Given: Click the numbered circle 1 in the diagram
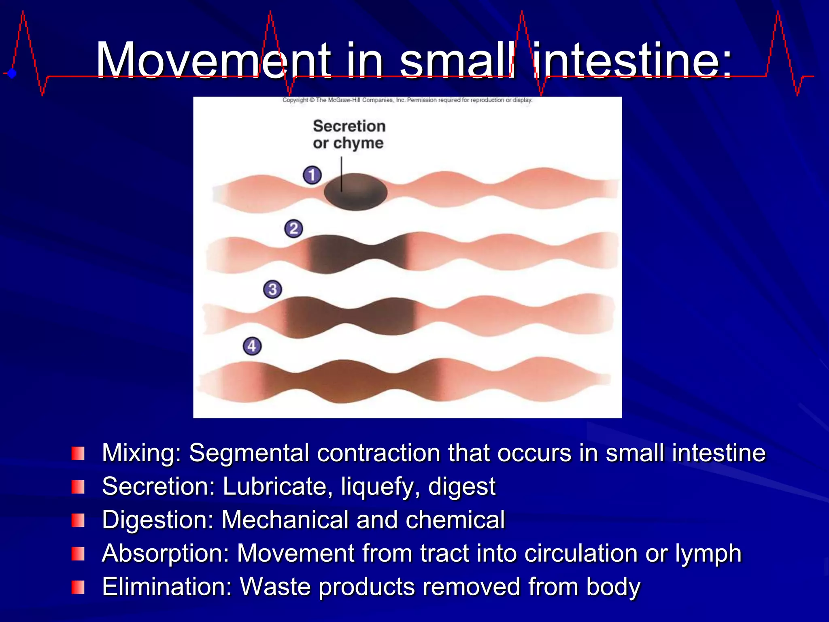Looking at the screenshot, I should pos(312,175).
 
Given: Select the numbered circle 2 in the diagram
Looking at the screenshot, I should pos(293,229).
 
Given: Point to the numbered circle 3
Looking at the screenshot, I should pos(272,290).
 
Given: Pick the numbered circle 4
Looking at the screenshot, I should pos(252,346).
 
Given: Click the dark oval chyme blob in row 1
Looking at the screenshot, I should pos(355,192).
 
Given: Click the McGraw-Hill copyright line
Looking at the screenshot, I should pos(407,100).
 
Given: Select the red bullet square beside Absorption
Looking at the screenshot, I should pos(78,554).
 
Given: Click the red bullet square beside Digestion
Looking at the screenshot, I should pos(78,520).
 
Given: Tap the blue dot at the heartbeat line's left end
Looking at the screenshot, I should pos(12,73).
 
